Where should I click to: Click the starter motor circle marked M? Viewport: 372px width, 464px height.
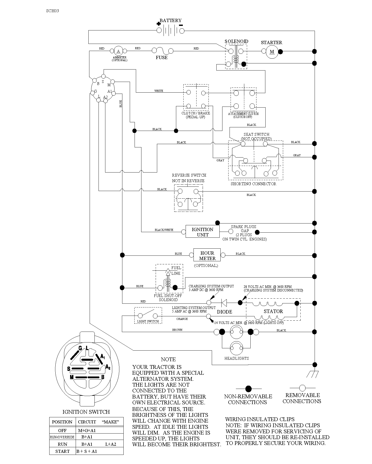[272, 52]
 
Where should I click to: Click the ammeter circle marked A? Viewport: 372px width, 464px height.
[118, 51]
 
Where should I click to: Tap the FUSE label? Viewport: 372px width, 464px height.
[162, 58]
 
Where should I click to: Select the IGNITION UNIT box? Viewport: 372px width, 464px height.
[203, 231]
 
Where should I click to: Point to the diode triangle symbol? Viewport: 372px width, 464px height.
[224, 302]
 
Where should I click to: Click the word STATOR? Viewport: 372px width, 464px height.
[273, 311]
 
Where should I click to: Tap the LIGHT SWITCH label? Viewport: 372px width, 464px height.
[148, 321]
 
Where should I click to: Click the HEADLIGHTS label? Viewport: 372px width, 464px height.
[237, 358]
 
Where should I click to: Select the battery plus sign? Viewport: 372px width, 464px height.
[159, 24]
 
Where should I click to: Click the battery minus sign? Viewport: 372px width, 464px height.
[181, 25]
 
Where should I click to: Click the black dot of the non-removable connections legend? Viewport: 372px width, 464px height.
[248, 389]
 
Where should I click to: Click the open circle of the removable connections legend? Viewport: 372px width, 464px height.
[302, 388]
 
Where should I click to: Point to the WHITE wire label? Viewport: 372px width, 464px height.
[159, 91]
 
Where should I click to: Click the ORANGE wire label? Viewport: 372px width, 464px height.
[182, 319]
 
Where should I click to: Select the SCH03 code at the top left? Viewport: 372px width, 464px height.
[53, 11]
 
